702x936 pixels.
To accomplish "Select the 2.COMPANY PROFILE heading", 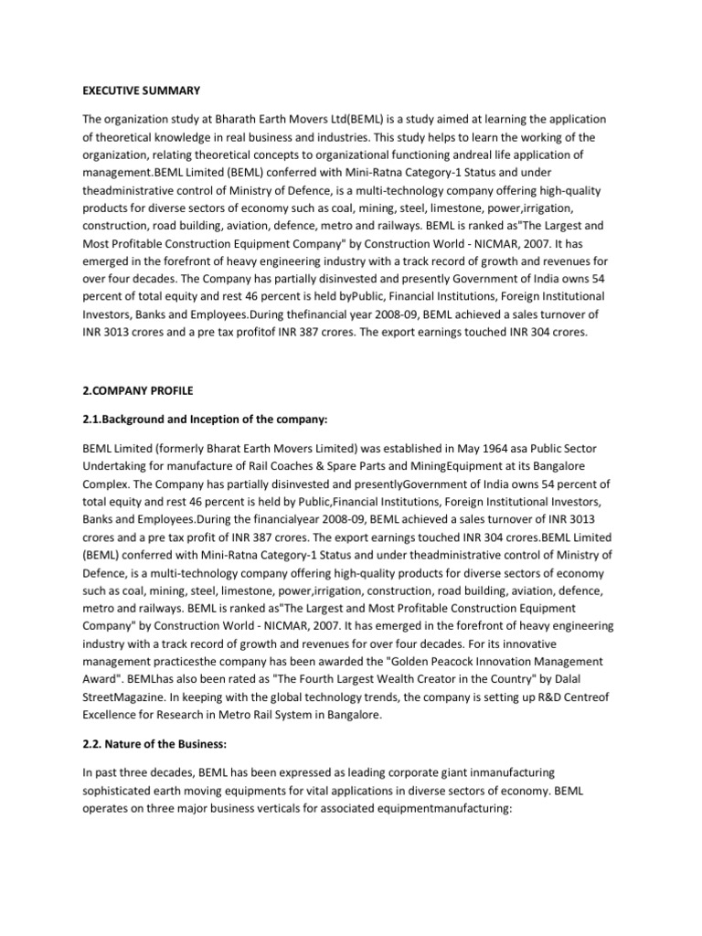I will tap(137, 391).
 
